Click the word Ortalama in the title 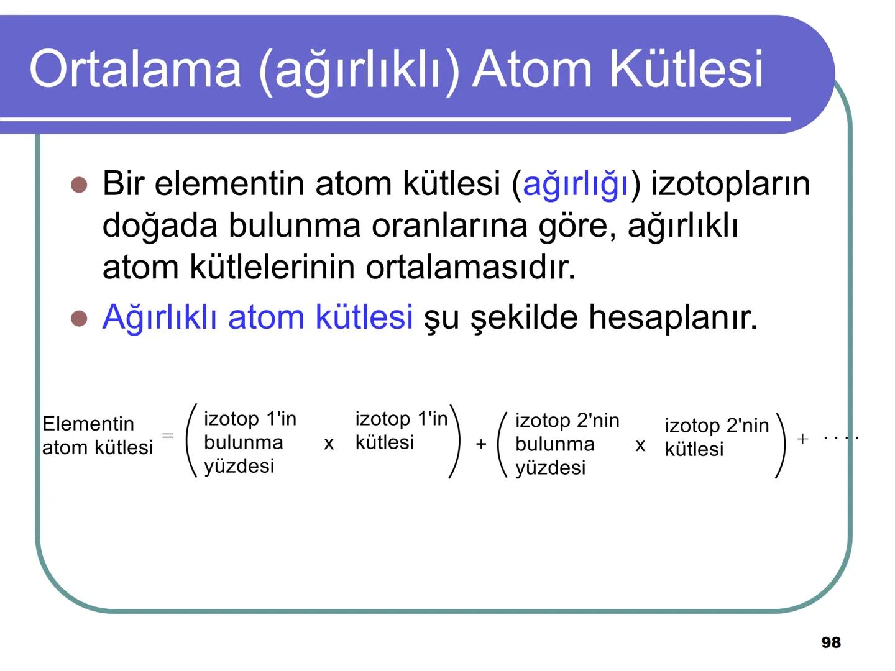134,68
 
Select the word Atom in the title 533,68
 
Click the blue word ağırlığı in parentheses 576,185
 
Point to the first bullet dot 78,185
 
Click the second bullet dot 78,318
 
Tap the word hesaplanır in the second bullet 672,317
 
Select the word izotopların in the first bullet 730,184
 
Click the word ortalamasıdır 470,267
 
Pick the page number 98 831,642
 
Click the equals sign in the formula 168,435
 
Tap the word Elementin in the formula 88,424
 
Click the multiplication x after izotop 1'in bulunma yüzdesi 329,444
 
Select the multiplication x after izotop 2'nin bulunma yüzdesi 640,445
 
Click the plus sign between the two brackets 481,444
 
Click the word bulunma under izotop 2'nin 554,444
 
